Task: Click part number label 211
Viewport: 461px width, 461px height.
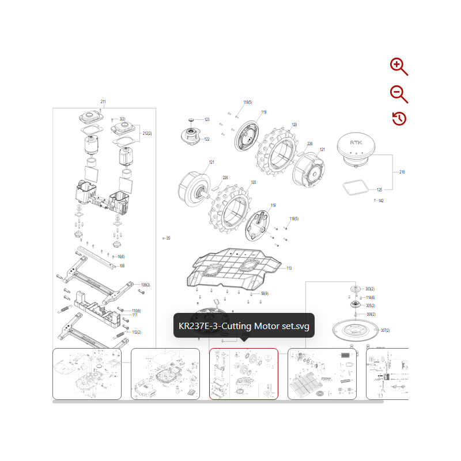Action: click(x=103, y=102)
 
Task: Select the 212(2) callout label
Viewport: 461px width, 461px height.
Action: click(x=147, y=133)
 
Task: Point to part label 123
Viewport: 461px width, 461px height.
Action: click(x=206, y=119)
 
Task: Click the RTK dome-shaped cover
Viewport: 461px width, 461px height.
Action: click(x=357, y=149)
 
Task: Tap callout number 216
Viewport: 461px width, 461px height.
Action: click(x=402, y=172)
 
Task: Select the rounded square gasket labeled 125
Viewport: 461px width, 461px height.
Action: click(x=353, y=187)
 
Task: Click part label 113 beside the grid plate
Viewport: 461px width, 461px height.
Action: click(x=289, y=268)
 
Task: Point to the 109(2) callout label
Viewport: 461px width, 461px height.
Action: click(x=145, y=285)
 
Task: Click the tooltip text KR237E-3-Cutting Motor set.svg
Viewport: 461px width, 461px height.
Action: click(x=244, y=326)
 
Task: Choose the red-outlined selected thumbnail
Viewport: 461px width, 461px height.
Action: click(x=243, y=374)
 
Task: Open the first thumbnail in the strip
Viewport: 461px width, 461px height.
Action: click(x=87, y=374)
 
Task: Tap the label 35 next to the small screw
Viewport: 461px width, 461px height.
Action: click(x=168, y=237)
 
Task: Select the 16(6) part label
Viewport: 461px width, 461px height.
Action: click(x=120, y=256)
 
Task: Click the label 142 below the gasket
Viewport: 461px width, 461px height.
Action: click(x=380, y=201)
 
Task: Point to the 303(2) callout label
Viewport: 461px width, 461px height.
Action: click(x=370, y=289)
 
